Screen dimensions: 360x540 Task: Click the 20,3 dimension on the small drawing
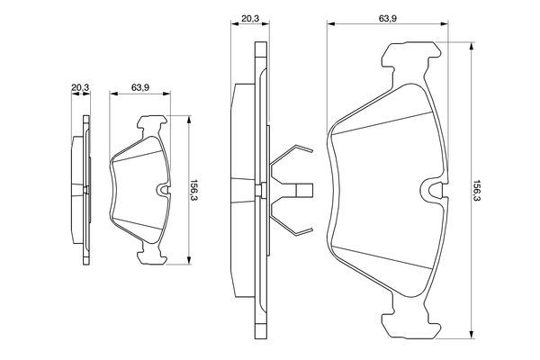coord(80,87)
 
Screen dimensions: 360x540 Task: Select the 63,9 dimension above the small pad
coord(139,87)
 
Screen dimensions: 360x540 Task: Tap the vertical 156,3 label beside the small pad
coord(193,191)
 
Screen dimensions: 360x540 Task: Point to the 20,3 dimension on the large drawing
coord(249,15)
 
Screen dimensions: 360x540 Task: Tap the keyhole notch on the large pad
coord(433,191)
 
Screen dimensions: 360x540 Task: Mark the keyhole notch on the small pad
coord(162,190)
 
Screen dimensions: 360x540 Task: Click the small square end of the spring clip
coord(305,191)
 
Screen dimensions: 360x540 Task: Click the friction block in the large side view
coord(240,191)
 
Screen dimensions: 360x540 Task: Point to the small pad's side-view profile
coord(82,191)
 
